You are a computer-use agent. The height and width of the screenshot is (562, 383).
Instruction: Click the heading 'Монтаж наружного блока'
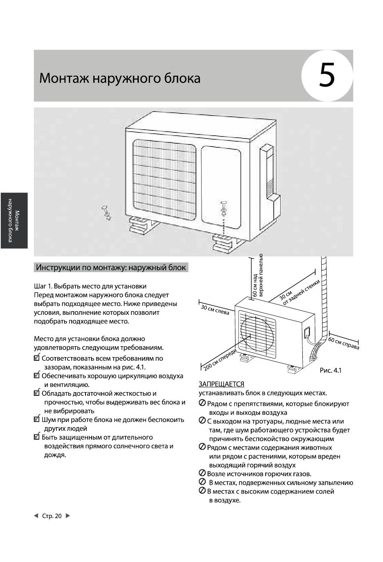coord(120,78)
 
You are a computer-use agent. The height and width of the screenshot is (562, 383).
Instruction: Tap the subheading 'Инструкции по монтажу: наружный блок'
coord(111,267)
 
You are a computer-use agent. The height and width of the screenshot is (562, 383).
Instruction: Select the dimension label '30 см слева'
coord(215,310)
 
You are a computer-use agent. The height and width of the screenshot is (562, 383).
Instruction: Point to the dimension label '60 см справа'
coord(343,343)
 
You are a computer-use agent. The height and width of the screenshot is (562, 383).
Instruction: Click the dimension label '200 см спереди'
coord(219,360)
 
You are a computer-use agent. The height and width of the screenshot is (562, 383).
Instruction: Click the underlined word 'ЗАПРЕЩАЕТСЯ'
coord(221,384)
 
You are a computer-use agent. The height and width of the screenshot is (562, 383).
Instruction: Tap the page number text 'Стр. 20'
coord(52,516)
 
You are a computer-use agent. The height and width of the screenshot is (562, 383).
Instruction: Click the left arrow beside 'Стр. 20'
coord(36,516)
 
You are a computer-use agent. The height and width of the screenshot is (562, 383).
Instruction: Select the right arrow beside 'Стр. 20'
coord(68,516)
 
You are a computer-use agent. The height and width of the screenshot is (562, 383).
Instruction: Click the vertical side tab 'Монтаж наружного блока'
coord(14,220)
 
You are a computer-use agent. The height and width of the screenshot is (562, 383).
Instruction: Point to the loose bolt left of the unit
coord(106,212)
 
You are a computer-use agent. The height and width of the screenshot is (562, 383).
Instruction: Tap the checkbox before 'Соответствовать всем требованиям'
coord(37,358)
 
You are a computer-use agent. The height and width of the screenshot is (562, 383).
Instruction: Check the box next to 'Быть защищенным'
coord(37,437)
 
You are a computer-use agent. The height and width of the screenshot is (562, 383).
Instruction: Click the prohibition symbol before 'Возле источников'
coord(202,473)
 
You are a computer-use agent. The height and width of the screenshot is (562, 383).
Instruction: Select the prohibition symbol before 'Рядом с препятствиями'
coord(202,403)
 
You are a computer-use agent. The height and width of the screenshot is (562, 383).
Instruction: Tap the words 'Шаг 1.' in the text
coord(43,286)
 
